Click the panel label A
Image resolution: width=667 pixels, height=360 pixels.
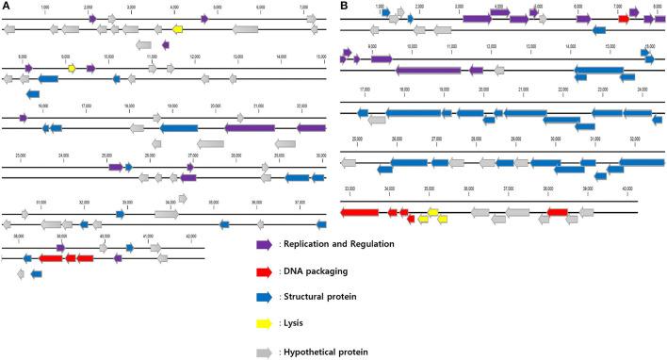(7, 7)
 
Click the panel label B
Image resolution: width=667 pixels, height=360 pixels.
(345, 7)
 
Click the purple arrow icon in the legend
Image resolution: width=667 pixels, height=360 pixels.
(265, 244)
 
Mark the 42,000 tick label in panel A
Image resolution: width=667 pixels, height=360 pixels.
(191, 236)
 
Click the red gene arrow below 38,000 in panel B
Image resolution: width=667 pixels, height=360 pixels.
(557, 213)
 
